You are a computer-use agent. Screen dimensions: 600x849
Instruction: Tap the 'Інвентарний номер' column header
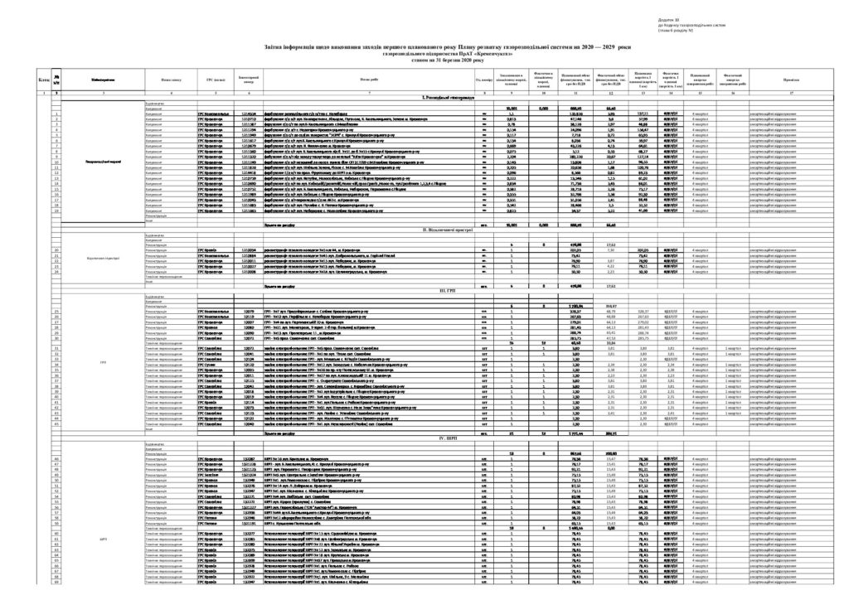coord(248,80)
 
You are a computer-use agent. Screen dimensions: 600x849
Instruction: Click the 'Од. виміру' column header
coord(483,80)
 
